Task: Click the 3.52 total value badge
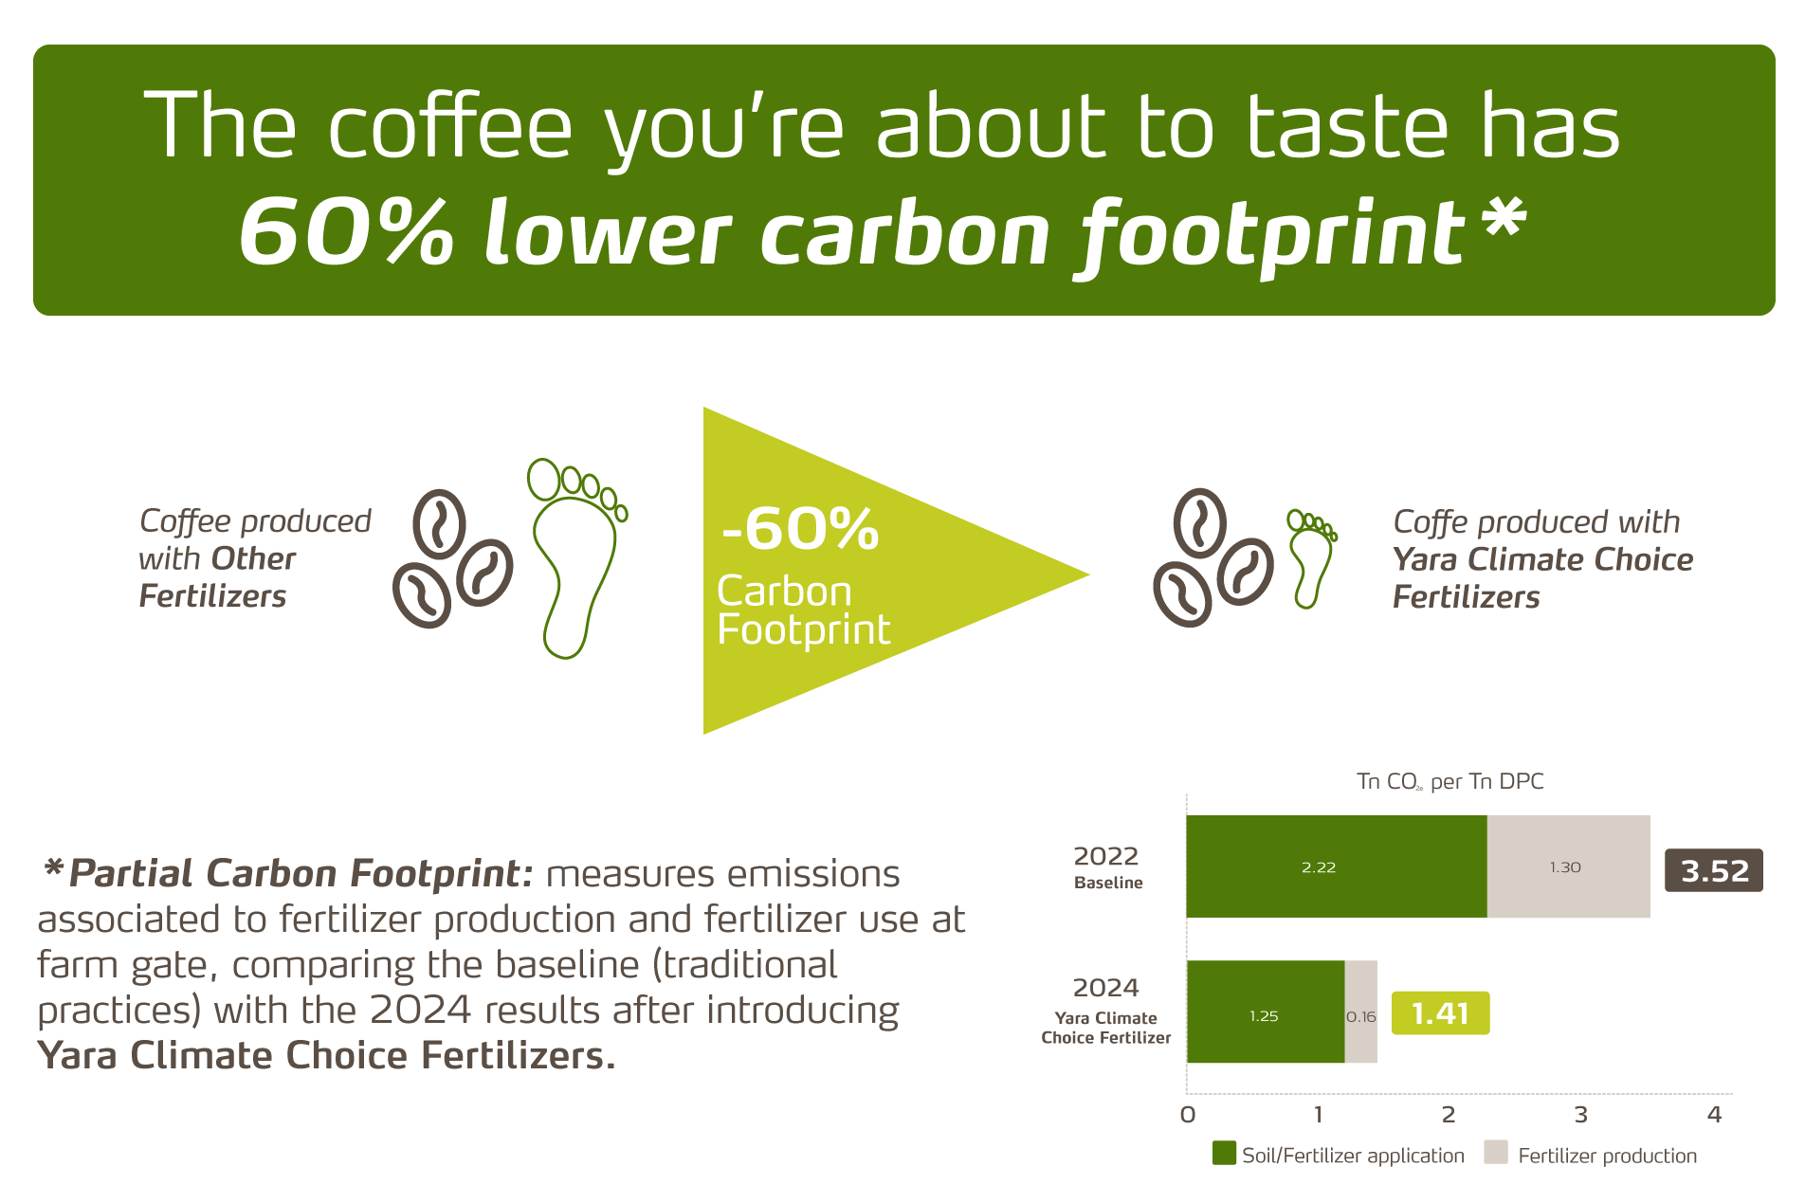click(x=1713, y=870)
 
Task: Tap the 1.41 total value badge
click(x=1440, y=1013)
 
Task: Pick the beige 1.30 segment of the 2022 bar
click(x=1568, y=866)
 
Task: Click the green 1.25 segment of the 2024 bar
click(x=1265, y=1012)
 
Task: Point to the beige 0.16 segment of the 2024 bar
click(x=1360, y=1012)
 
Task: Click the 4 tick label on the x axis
click(x=1714, y=1115)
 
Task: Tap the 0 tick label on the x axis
click(x=1188, y=1115)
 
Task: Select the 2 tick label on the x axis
click(x=1449, y=1115)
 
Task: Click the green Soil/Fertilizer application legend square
click(x=1224, y=1153)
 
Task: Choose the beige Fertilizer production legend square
click(x=1496, y=1153)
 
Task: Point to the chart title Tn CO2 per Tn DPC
click(x=1449, y=781)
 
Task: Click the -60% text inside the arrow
click(x=800, y=529)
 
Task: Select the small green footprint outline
click(x=1311, y=559)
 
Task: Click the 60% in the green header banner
click(x=346, y=232)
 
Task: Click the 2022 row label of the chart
click(x=1106, y=856)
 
